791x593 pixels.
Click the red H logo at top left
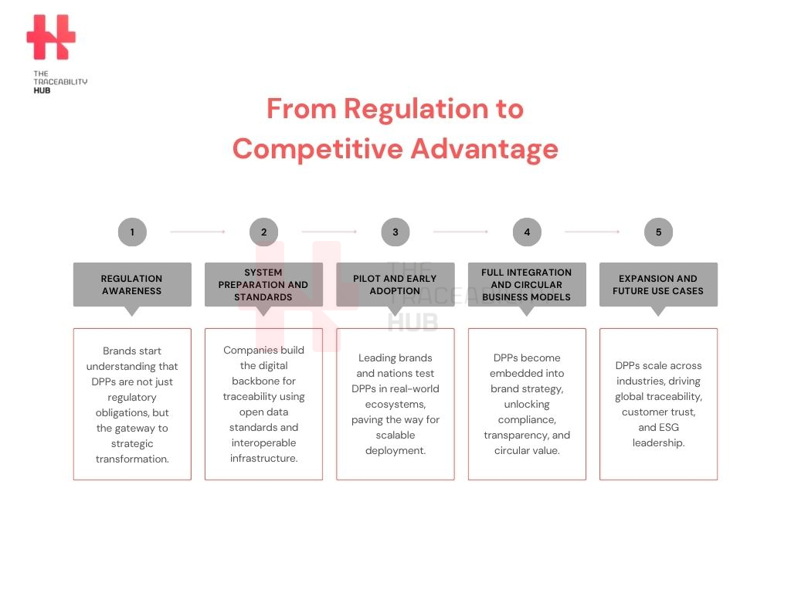pos(51,37)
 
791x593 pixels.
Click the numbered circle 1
pos(132,232)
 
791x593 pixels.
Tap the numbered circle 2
pos(264,232)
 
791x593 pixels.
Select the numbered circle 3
pos(395,232)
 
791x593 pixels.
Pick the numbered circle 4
pos(527,232)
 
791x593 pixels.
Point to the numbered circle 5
pos(658,232)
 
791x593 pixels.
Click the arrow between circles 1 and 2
pos(198,232)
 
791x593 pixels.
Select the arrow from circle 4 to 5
pos(592,232)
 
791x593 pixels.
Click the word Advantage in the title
pos(485,150)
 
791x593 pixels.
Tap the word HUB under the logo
pos(42,91)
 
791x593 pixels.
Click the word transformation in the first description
pos(132,459)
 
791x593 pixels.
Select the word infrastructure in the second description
pos(264,458)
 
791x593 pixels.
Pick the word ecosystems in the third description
pos(395,405)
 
